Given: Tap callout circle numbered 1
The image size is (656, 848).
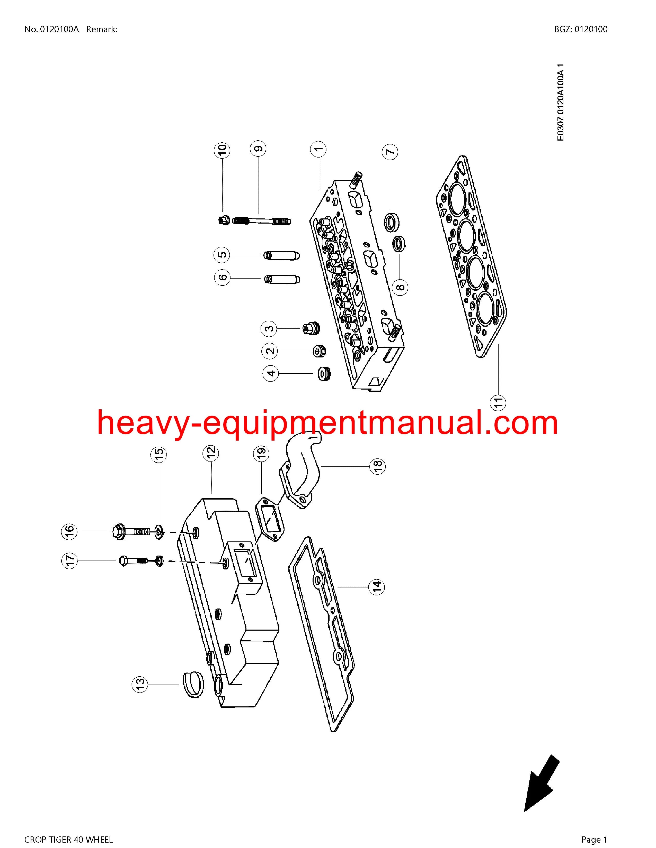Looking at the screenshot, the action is tap(318, 149).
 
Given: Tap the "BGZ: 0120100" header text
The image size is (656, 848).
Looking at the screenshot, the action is tap(581, 29).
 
